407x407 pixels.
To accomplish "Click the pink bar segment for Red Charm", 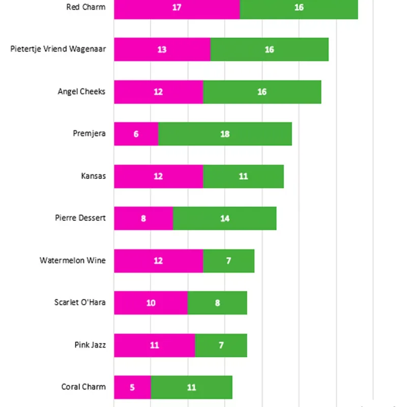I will click(177, 8).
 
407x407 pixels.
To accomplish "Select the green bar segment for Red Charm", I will click(299, 8).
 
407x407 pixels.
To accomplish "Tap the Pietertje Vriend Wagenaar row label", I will click(58, 49).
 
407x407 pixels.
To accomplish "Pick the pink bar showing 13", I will click(162, 49).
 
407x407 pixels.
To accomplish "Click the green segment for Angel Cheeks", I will click(262, 92).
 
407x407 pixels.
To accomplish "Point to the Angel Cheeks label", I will click(81, 92).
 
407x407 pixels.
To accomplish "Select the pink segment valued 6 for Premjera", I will click(136, 134).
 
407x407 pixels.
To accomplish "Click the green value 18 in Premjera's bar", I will click(225, 134).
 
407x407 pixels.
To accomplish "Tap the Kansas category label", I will click(93, 176).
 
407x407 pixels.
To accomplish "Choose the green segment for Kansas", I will click(243, 176).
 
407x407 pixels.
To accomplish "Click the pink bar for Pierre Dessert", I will click(143, 218).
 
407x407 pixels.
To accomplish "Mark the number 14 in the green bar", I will click(225, 218).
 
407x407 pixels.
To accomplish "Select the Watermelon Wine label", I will click(73, 260).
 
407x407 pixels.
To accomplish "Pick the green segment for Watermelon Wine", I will click(228, 260).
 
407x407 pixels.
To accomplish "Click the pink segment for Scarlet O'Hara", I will click(151, 303).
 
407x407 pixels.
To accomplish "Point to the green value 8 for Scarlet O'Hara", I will click(217, 303).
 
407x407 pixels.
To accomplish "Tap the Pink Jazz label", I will click(90, 345).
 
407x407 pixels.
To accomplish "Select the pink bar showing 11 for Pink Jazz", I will click(154, 345).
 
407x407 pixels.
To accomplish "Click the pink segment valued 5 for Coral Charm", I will click(132, 387).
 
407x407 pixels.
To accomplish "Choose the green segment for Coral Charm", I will click(191, 387).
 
